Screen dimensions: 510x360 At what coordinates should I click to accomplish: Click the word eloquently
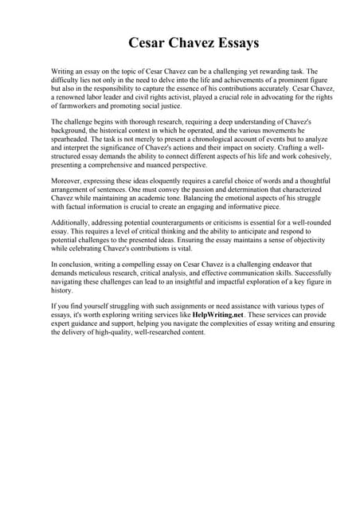[160, 182]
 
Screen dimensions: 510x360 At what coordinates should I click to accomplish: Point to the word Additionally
[72, 226]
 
